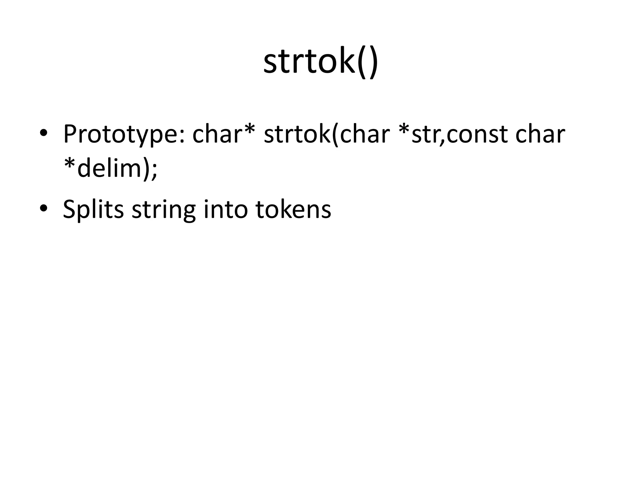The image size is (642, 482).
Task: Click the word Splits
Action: pyautogui.click(x=93, y=210)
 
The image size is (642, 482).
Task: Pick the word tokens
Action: pyautogui.click(x=293, y=209)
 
